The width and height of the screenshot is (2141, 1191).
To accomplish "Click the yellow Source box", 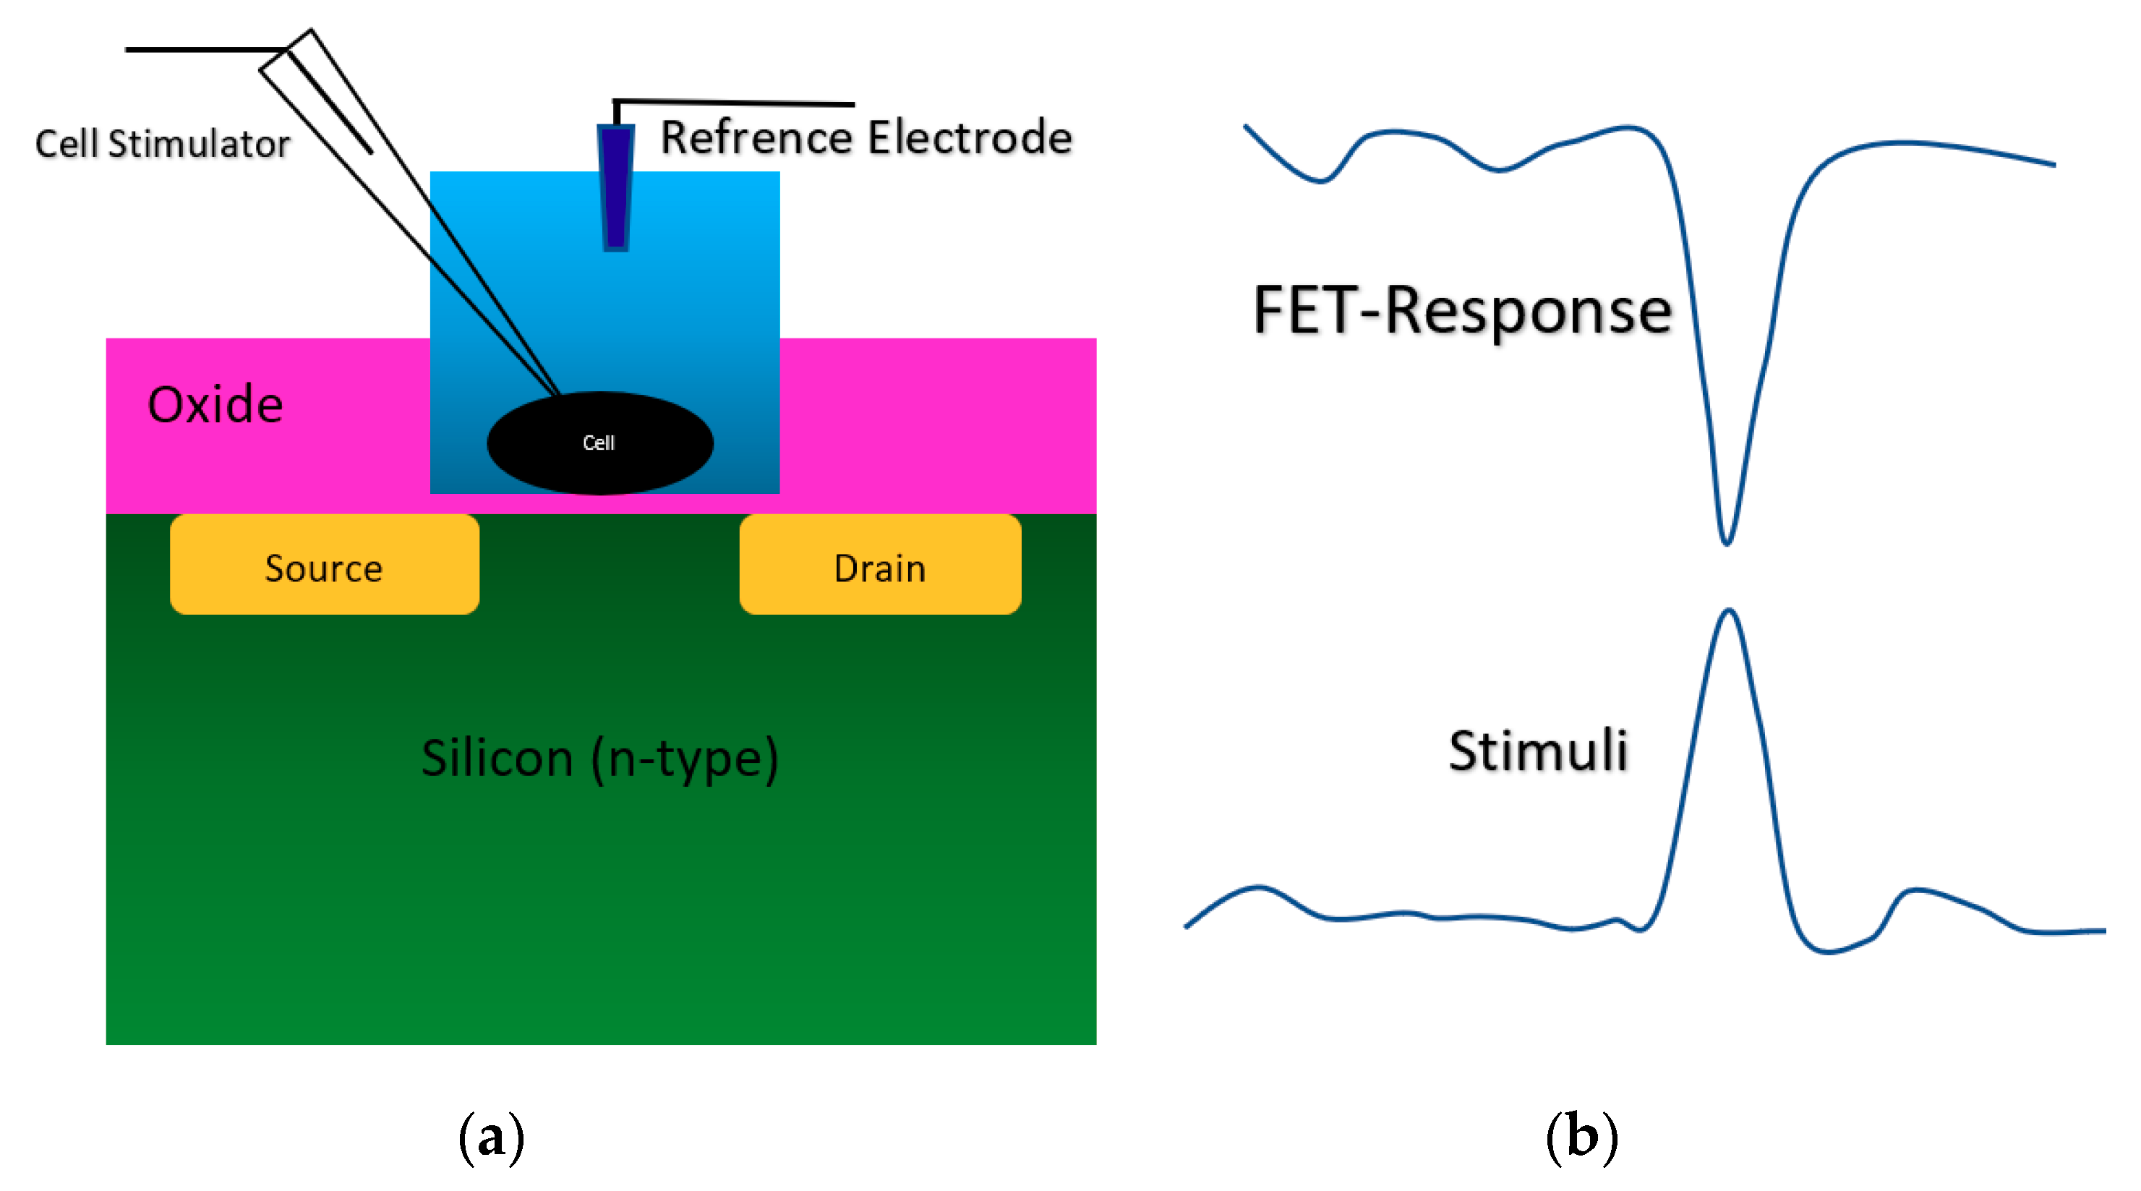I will click(x=324, y=565).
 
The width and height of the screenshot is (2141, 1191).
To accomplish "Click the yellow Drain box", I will click(x=879, y=565).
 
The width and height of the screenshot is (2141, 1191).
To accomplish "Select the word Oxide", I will click(x=215, y=405).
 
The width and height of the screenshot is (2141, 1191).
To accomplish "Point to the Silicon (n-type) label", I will click(x=599, y=758).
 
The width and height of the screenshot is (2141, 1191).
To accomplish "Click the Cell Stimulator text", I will click(x=163, y=144).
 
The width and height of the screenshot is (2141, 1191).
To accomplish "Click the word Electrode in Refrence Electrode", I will click(x=969, y=137).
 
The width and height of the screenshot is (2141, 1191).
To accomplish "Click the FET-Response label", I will click(x=1461, y=311).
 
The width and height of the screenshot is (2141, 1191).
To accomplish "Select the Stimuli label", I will click(x=1537, y=751).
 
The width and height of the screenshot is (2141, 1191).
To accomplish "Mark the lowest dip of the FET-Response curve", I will click(x=1726, y=542).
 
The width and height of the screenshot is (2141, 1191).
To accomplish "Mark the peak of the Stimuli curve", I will click(x=1730, y=612).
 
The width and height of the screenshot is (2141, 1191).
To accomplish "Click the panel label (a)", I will click(x=491, y=1136).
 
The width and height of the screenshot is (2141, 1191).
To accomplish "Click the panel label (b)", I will click(x=1581, y=1136).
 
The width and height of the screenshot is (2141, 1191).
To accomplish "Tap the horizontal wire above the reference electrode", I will click(x=735, y=103).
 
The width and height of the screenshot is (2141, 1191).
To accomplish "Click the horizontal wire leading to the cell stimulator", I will click(x=204, y=50).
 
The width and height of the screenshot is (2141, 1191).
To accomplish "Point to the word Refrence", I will click(x=756, y=137).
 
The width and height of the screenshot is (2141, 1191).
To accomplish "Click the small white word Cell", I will click(x=599, y=443).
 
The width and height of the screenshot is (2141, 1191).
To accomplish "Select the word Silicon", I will click(x=497, y=758).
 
